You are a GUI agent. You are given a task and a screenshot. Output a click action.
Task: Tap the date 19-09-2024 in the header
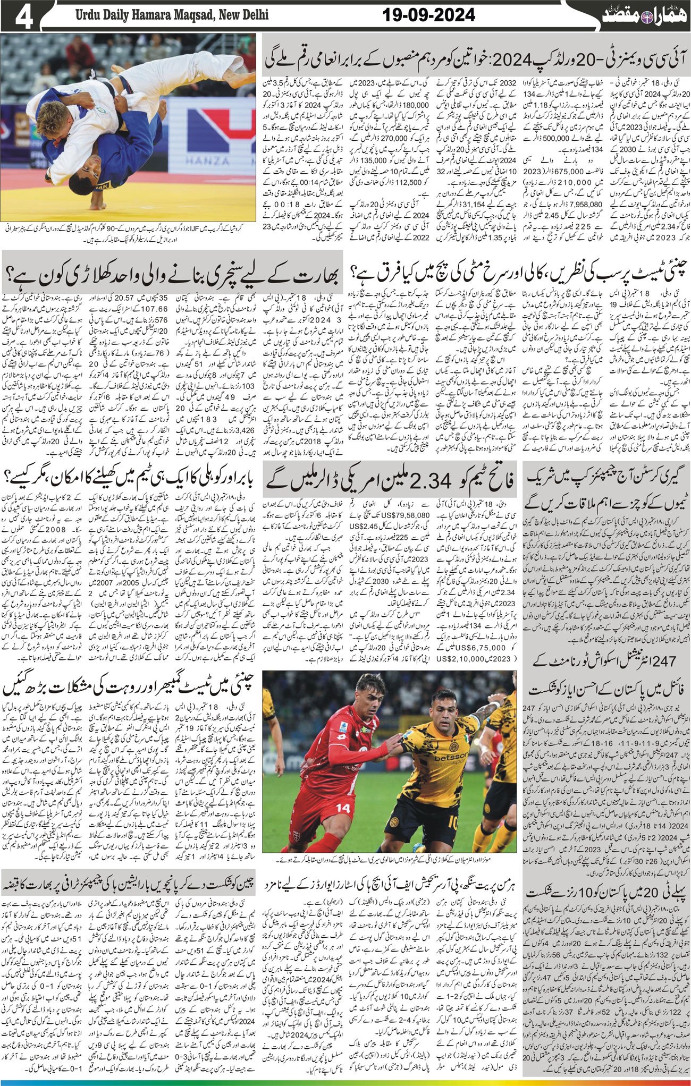click(x=428, y=16)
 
